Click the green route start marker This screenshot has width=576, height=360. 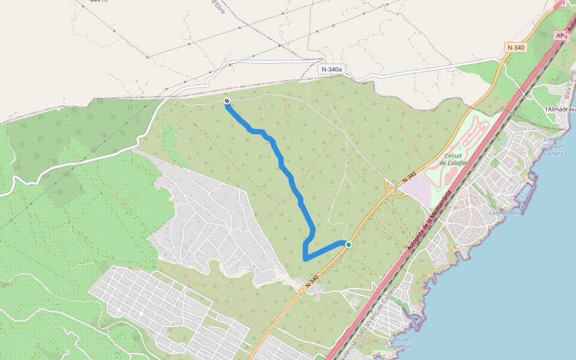348,244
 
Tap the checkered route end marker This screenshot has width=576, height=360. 227,101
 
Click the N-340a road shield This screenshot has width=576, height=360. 331,69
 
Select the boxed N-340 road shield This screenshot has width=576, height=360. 516,47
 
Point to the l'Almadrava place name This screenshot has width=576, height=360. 560,110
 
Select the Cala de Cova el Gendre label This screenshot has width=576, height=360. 553,146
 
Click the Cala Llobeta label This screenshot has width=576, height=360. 505,212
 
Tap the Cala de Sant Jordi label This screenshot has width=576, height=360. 399,343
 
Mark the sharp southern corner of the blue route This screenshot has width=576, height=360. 305,259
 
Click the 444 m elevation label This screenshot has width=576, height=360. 98,1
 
